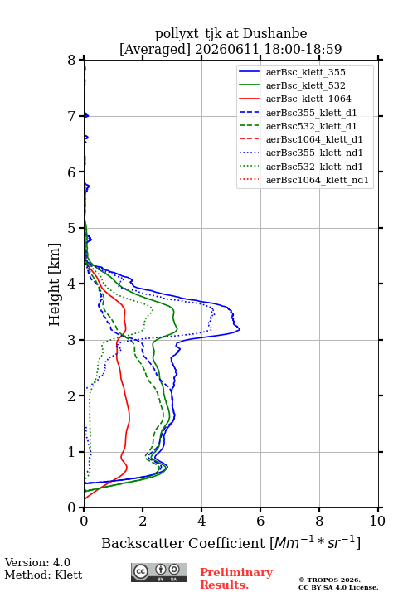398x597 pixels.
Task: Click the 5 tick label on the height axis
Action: (72, 228)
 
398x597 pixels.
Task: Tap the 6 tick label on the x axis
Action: (260, 521)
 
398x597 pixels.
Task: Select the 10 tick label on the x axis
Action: (377, 521)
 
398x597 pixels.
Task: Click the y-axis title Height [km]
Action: (54, 284)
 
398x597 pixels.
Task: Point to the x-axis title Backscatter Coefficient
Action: (182, 543)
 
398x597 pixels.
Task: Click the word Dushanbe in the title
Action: (274, 34)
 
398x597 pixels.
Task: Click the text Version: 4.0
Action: (37, 562)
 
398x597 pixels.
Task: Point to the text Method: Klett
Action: (43, 575)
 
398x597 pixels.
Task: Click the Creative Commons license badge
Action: (159, 573)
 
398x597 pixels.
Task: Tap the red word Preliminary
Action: (236, 572)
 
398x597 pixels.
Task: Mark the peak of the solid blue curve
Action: (239, 329)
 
